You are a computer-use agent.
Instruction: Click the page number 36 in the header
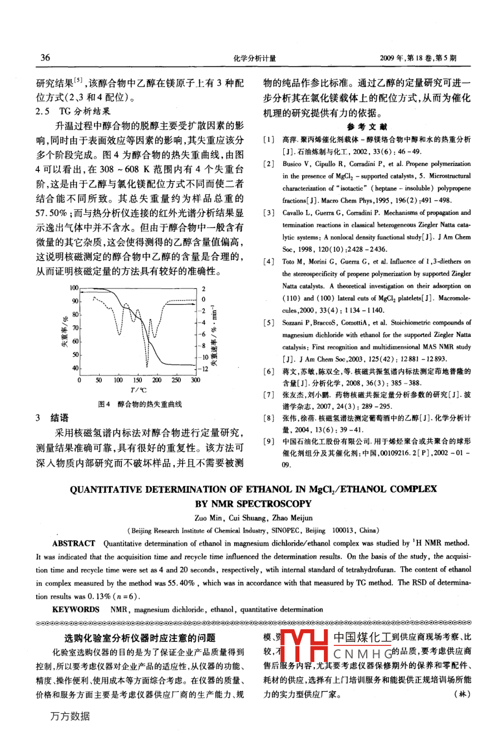coord(45,57)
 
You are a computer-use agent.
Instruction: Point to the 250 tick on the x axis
coord(176,380)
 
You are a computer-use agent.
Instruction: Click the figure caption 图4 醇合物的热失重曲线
coord(140,404)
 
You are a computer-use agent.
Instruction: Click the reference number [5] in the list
coord(269,323)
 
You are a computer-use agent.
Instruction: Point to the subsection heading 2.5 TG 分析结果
coord(73,111)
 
